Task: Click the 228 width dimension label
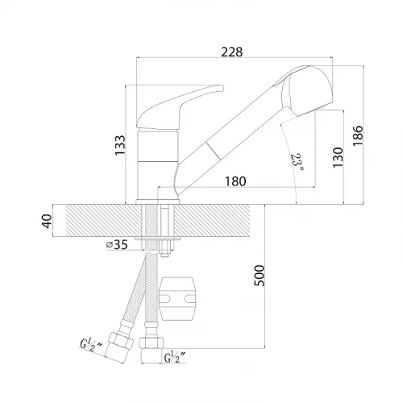coord(231,52)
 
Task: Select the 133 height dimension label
coord(120,145)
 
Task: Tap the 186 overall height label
coord(358,135)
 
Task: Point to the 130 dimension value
coord(338,157)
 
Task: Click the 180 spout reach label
coord(235,181)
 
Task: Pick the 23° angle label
coord(297,162)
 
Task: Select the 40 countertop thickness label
coord(47,221)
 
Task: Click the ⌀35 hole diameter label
coord(117,244)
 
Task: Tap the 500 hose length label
coord(260,276)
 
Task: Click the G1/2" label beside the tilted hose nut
coord(91,345)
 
